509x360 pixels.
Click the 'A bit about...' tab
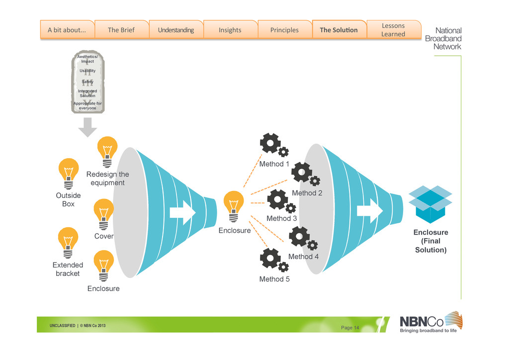[67, 30]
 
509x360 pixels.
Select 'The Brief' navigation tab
[121, 30]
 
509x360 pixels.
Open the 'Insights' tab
[230, 30]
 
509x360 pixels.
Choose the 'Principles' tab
[284, 30]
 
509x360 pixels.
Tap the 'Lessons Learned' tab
[393, 30]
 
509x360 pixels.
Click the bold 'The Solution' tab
[339, 30]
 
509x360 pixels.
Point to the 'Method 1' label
[274, 164]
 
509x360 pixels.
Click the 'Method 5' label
[274, 279]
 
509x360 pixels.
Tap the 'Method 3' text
[282, 218]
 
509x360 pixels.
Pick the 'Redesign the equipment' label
[107, 179]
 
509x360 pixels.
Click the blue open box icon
[430, 204]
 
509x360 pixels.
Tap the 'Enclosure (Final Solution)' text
[431, 241]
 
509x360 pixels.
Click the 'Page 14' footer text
[350, 327]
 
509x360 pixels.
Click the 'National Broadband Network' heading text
[443, 38]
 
